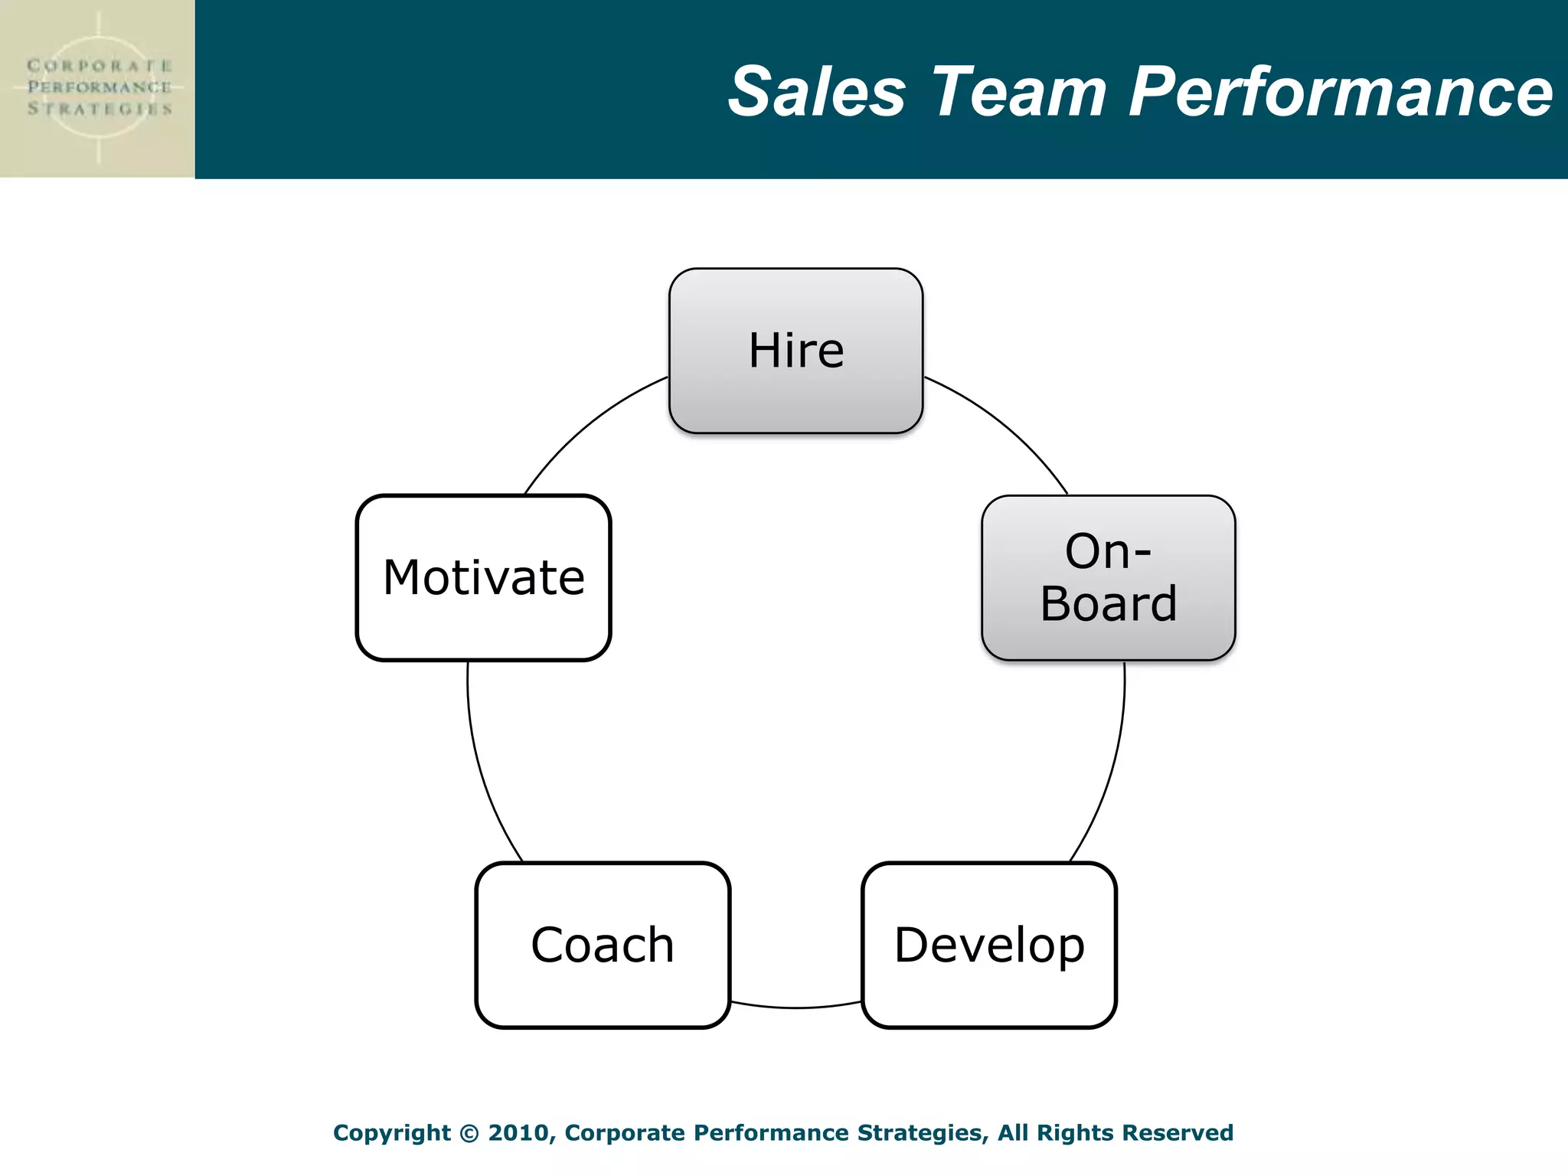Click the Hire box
(795, 351)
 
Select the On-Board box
(1108, 578)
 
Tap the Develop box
(988, 945)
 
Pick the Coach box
(603, 945)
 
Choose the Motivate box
(483, 578)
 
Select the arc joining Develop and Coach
(796, 1008)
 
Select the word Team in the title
(1019, 92)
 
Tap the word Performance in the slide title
(1340, 92)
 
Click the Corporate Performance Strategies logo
(98, 88)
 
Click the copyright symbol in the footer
(469, 1133)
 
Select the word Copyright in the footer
(391, 1133)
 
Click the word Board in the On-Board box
(1108, 604)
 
